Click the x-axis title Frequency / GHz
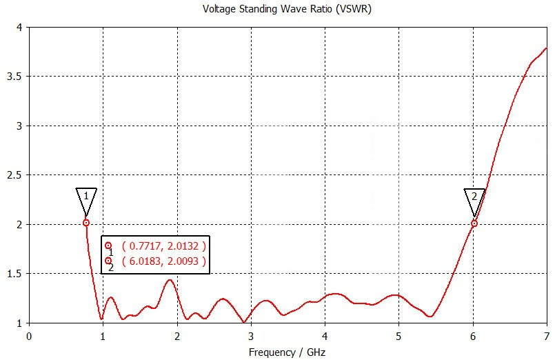(287, 352)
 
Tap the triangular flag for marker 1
(86, 197)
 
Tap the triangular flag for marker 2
(474, 197)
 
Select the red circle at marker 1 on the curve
(86, 223)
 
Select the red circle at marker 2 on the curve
(474, 223)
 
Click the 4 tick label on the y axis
(19, 27)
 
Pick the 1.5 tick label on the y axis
(14, 274)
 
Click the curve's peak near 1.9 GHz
(169, 279)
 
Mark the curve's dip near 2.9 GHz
(243, 322)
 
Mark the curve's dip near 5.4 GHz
(430, 317)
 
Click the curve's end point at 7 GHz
(546, 48)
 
